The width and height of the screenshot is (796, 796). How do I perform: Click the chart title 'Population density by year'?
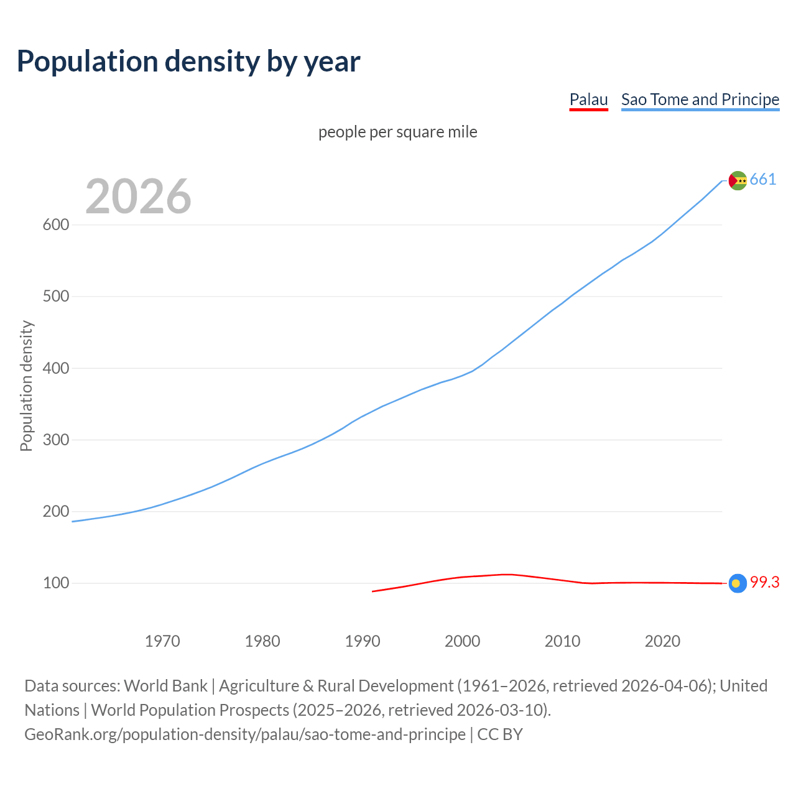pyautogui.click(x=188, y=61)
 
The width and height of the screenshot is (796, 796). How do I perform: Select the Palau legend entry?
pyautogui.click(x=588, y=99)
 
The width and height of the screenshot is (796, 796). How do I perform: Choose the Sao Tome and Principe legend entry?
pyautogui.click(x=700, y=99)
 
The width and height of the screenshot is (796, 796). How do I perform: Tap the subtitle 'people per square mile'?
pyautogui.click(x=397, y=132)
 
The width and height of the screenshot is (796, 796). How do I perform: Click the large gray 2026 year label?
pyautogui.click(x=138, y=197)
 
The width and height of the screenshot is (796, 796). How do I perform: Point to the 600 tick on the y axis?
pyautogui.click(x=55, y=225)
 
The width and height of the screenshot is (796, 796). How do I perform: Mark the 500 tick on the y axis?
pyautogui.click(x=55, y=297)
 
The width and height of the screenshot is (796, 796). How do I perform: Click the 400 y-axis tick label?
pyautogui.click(x=55, y=368)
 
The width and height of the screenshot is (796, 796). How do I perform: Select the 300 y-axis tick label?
pyautogui.click(x=55, y=440)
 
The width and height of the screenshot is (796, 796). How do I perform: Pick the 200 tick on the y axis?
pyautogui.click(x=55, y=512)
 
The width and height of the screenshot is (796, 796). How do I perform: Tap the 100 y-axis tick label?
pyautogui.click(x=55, y=583)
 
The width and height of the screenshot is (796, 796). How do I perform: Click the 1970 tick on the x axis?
pyautogui.click(x=162, y=641)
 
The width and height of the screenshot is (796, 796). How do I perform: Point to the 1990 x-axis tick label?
pyautogui.click(x=363, y=641)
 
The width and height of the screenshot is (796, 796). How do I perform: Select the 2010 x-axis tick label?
pyautogui.click(x=562, y=641)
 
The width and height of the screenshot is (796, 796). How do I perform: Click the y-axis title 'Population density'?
pyautogui.click(x=26, y=386)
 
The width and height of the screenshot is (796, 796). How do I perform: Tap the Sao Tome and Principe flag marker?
pyautogui.click(x=737, y=180)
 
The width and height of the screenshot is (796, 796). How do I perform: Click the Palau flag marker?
pyautogui.click(x=737, y=583)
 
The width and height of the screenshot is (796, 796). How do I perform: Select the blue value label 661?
pyautogui.click(x=763, y=180)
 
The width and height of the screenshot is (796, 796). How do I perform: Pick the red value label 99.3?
pyautogui.click(x=764, y=583)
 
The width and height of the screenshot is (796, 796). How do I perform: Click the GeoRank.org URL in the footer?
pyautogui.click(x=245, y=734)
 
